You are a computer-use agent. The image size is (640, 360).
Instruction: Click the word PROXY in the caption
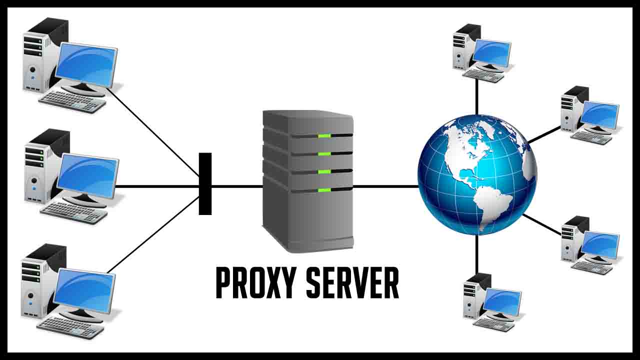[x=255, y=283]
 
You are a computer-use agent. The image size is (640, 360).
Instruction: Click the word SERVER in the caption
[x=352, y=283]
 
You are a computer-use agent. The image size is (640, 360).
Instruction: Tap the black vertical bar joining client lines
[x=205, y=184]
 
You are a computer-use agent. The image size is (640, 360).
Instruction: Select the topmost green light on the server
[x=324, y=135]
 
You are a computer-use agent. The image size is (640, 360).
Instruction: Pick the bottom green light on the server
[x=324, y=190]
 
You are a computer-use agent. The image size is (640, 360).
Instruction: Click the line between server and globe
[x=385, y=186]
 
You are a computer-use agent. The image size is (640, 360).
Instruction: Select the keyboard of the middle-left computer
[x=74, y=212]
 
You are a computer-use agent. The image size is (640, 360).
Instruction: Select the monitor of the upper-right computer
[x=599, y=114]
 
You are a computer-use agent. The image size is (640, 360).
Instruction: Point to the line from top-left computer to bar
[x=155, y=132]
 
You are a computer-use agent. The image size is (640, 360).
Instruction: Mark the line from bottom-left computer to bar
[x=152, y=235]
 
